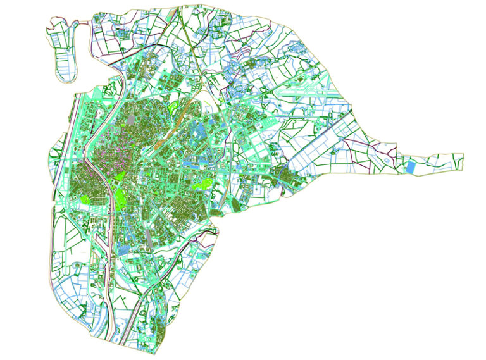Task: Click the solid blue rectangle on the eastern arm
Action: click(x=411, y=167)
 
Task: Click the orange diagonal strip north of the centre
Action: click(x=184, y=109)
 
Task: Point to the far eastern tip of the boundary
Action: click(x=463, y=158)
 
